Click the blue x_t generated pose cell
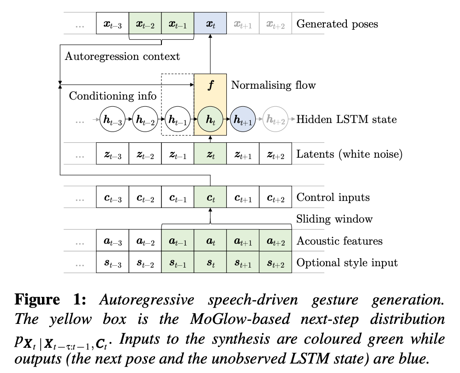[210, 24]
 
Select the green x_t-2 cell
[145, 24]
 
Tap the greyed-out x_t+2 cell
[275, 24]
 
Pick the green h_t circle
[210, 119]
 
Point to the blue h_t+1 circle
[243, 119]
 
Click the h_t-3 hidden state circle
[112, 119]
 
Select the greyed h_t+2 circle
[275, 119]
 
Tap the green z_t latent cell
[210, 154]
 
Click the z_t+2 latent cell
[275, 154]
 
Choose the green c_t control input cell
[210, 197]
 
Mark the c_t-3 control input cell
[112, 197]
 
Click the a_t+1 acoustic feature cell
[243, 241]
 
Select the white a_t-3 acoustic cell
[112, 241]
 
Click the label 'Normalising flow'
[273, 85]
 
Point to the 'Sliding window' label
[334, 219]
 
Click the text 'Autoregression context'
[122, 56]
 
